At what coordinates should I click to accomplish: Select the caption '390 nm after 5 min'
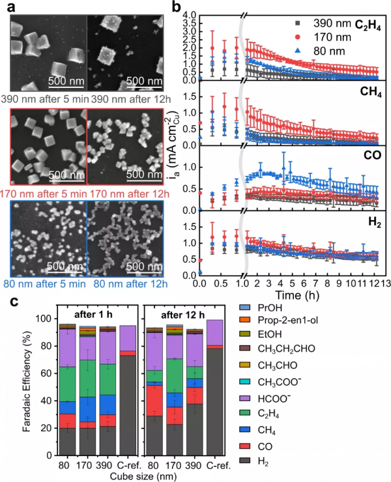43,100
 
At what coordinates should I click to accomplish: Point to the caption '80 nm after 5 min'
43,283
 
